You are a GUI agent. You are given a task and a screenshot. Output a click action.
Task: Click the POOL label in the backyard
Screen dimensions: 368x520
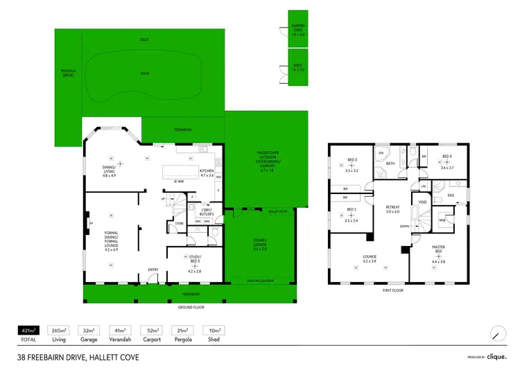145,73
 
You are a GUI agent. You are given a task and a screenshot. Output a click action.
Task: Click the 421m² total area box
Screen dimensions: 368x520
28,331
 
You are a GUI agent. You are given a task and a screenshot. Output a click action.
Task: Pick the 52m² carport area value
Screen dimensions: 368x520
152,331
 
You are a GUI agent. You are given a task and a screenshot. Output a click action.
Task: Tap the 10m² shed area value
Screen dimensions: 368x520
214,331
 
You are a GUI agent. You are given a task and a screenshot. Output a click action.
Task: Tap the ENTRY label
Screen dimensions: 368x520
153,270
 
